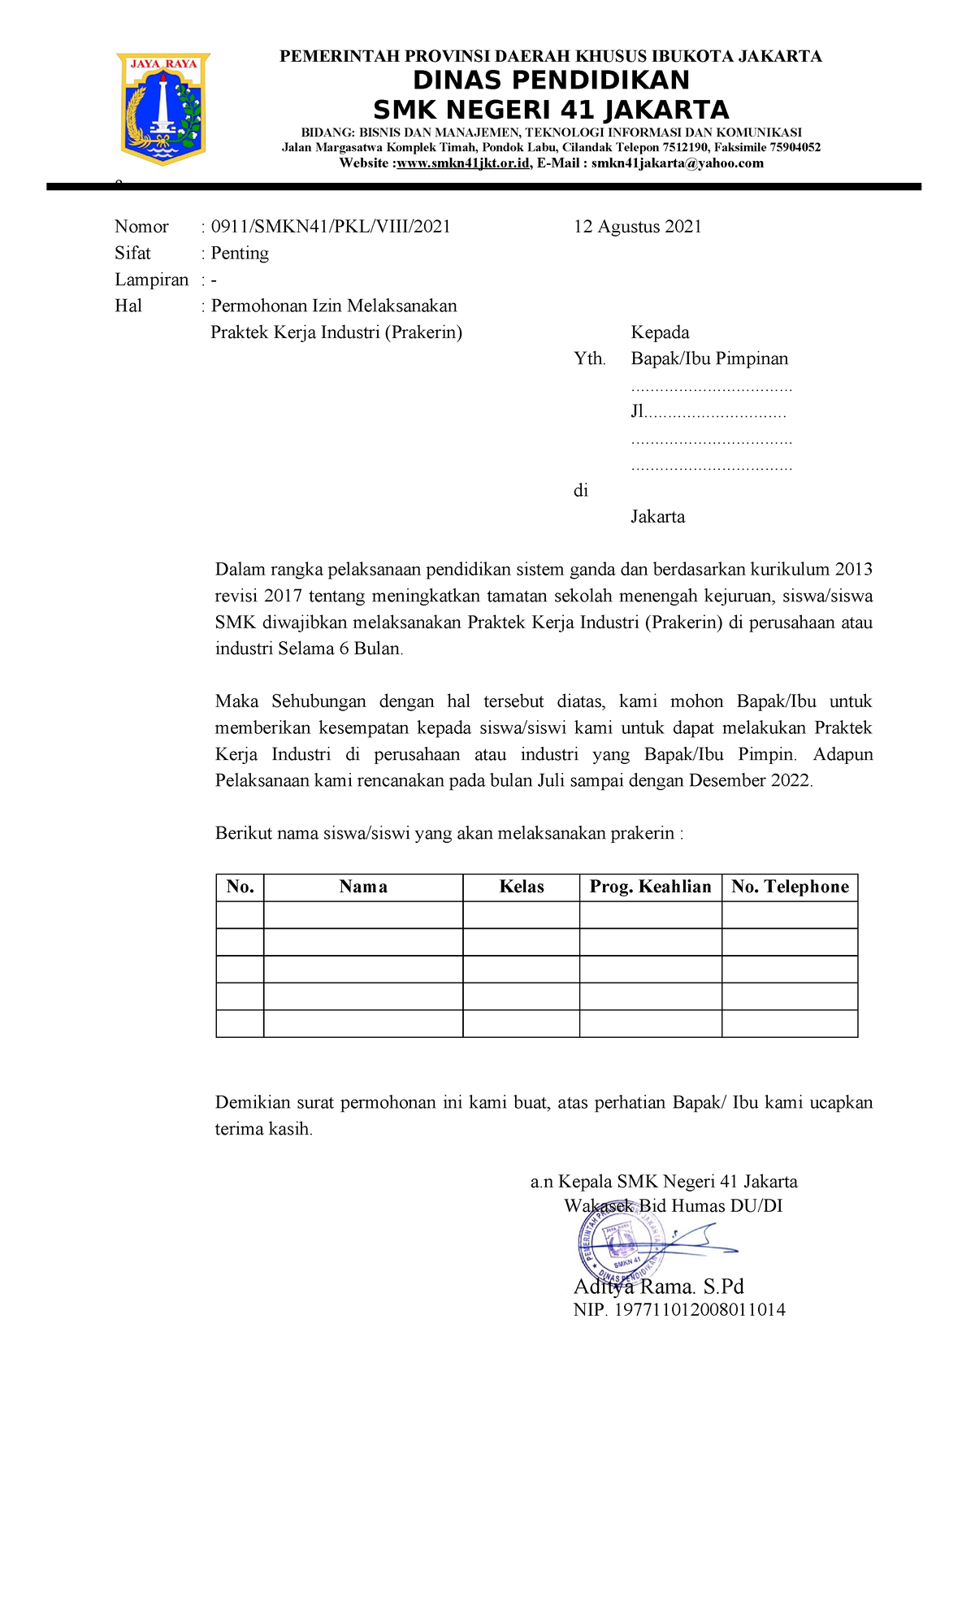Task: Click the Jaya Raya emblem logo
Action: coord(164,107)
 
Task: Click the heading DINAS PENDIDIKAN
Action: coord(551,80)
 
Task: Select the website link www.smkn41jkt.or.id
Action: coord(463,163)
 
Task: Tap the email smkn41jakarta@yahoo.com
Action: coord(677,163)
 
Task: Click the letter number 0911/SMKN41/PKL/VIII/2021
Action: coord(331,227)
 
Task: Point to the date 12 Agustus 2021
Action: coord(637,227)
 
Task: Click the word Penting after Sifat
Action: coord(240,254)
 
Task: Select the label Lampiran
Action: coord(151,280)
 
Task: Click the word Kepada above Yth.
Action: coord(660,332)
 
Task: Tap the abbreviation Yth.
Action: coord(589,359)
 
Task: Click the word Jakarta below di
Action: coord(657,517)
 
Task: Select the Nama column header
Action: coord(363,887)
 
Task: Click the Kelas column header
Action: coord(521,887)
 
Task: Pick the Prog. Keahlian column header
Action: coord(650,887)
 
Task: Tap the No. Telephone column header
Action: coord(790,887)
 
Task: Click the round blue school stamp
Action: coord(622,1247)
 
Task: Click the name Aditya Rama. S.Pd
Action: coord(658,1287)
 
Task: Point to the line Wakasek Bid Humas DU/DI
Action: coord(673,1206)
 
